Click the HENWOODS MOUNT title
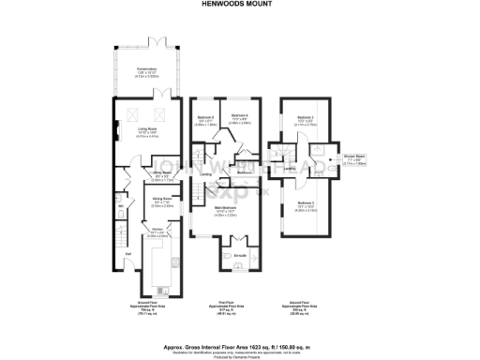[x=240, y=4]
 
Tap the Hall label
[x=127, y=253]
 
